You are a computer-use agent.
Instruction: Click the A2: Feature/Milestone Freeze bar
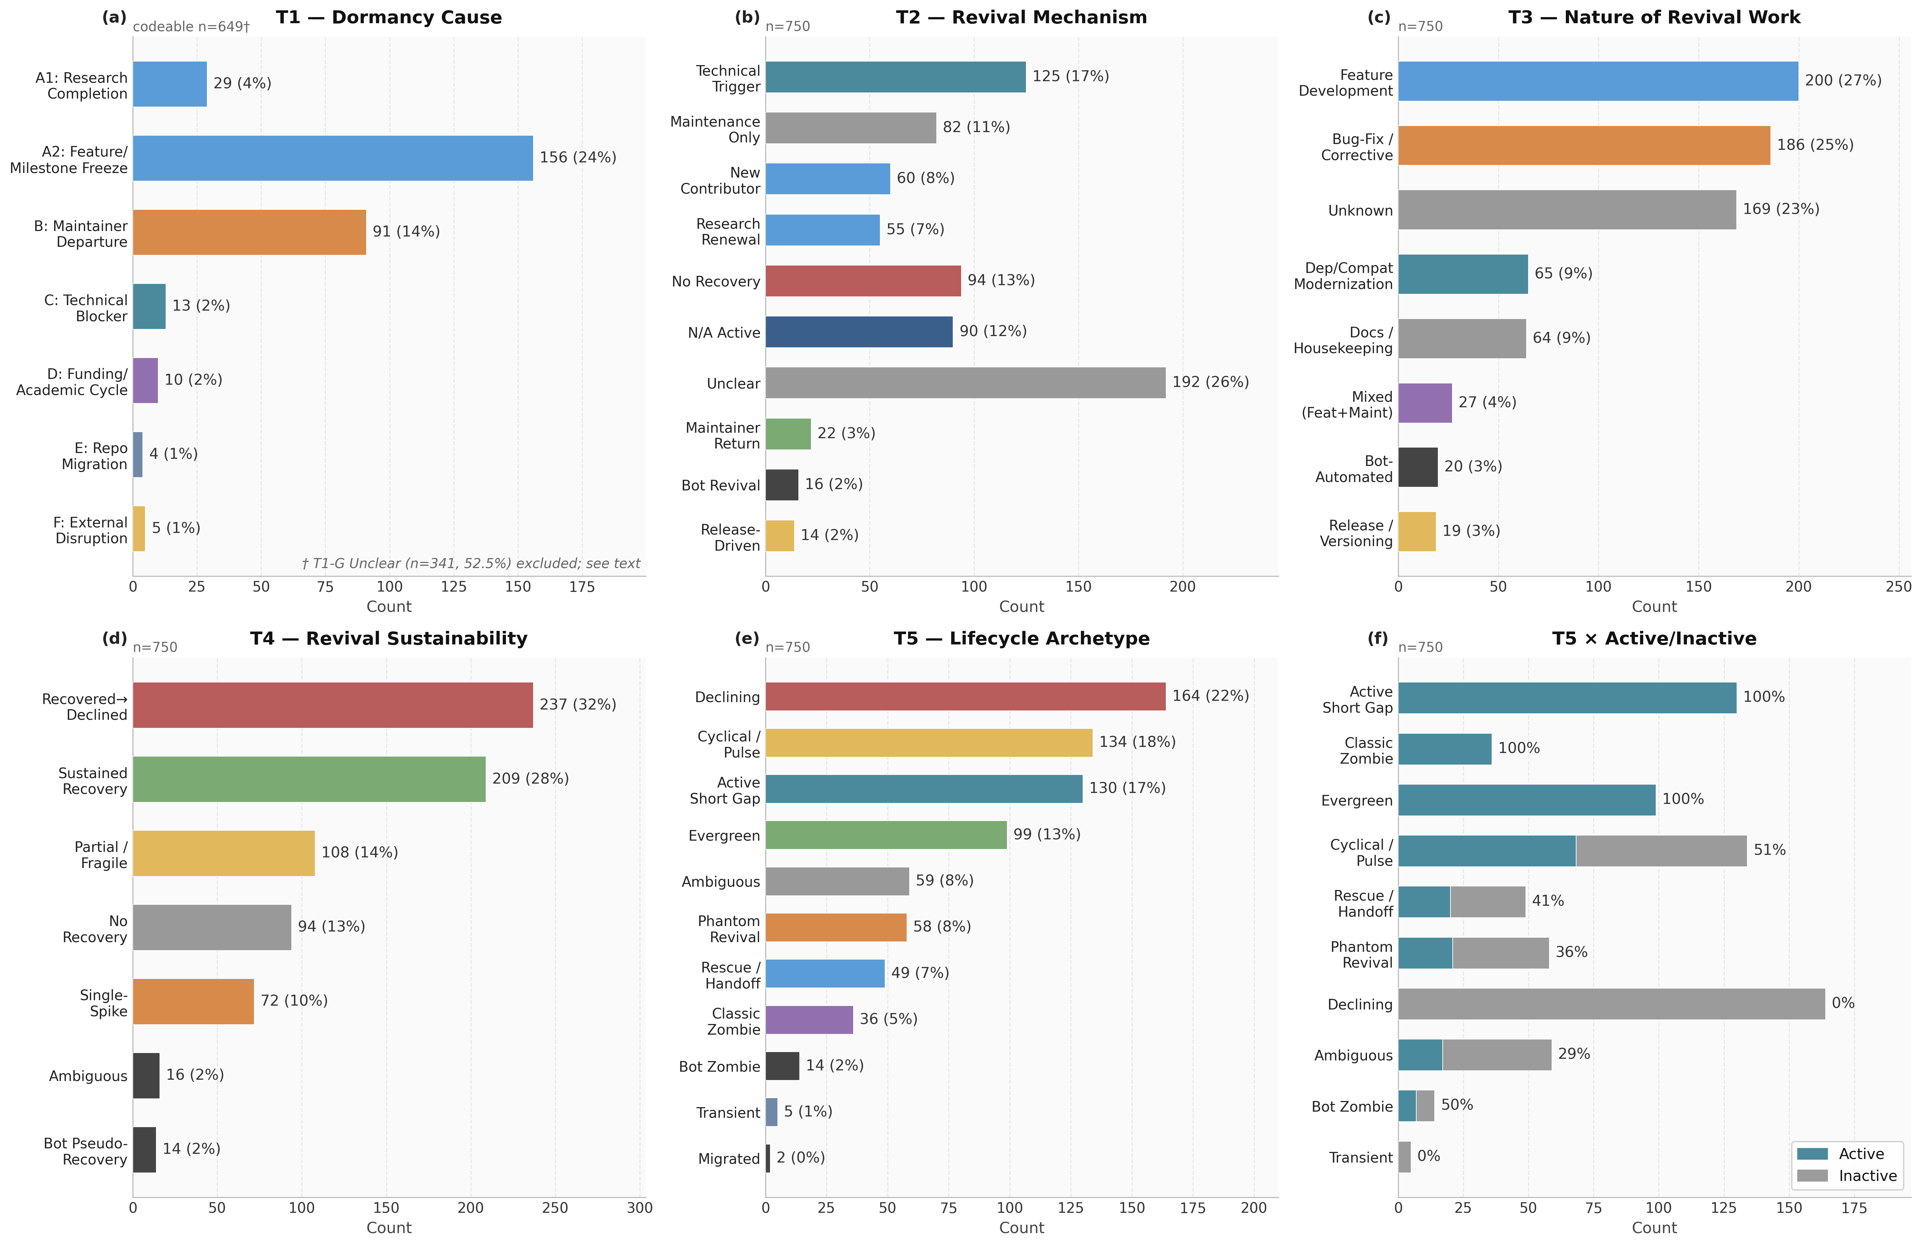click(x=333, y=158)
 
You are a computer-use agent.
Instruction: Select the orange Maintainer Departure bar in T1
click(x=249, y=233)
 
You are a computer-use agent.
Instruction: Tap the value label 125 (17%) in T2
click(x=1071, y=77)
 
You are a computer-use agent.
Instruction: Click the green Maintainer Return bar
click(x=788, y=434)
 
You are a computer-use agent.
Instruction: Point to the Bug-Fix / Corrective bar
click(x=1585, y=145)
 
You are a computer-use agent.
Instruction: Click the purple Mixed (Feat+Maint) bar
click(x=1425, y=403)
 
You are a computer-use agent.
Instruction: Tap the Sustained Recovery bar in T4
click(x=309, y=779)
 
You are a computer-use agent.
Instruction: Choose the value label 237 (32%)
click(x=578, y=705)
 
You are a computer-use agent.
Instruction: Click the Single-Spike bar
click(x=194, y=1001)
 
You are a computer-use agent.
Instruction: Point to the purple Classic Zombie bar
click(x=809, y=1020)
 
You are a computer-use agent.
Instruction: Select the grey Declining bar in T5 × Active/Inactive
click(x=1612, y=1004)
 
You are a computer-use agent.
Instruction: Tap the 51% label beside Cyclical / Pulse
click(x=1769, y=850)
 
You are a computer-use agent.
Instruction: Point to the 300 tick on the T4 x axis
click(x=639, y=1208)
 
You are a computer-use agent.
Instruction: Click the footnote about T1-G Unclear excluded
click(x=471, y=564)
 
